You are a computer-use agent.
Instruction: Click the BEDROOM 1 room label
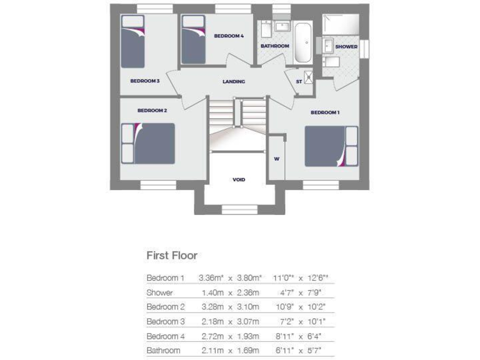click(325, 112)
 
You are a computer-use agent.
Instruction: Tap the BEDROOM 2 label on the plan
click(152, 111)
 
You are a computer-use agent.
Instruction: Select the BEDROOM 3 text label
click(144, 81)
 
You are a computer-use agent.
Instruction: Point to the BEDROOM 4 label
click(229, 36)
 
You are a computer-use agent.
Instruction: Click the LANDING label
click(234, 82)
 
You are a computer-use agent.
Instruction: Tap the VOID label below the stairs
click(239, 179)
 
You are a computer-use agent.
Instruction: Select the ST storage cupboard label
click(298, 81)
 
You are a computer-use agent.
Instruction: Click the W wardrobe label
click(276, 159)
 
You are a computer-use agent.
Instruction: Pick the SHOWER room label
click(346, 47)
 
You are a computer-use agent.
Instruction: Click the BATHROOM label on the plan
click(274, 46)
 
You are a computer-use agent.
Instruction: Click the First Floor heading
click(172, 255)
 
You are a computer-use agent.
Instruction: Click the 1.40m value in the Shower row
click(212, 292)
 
